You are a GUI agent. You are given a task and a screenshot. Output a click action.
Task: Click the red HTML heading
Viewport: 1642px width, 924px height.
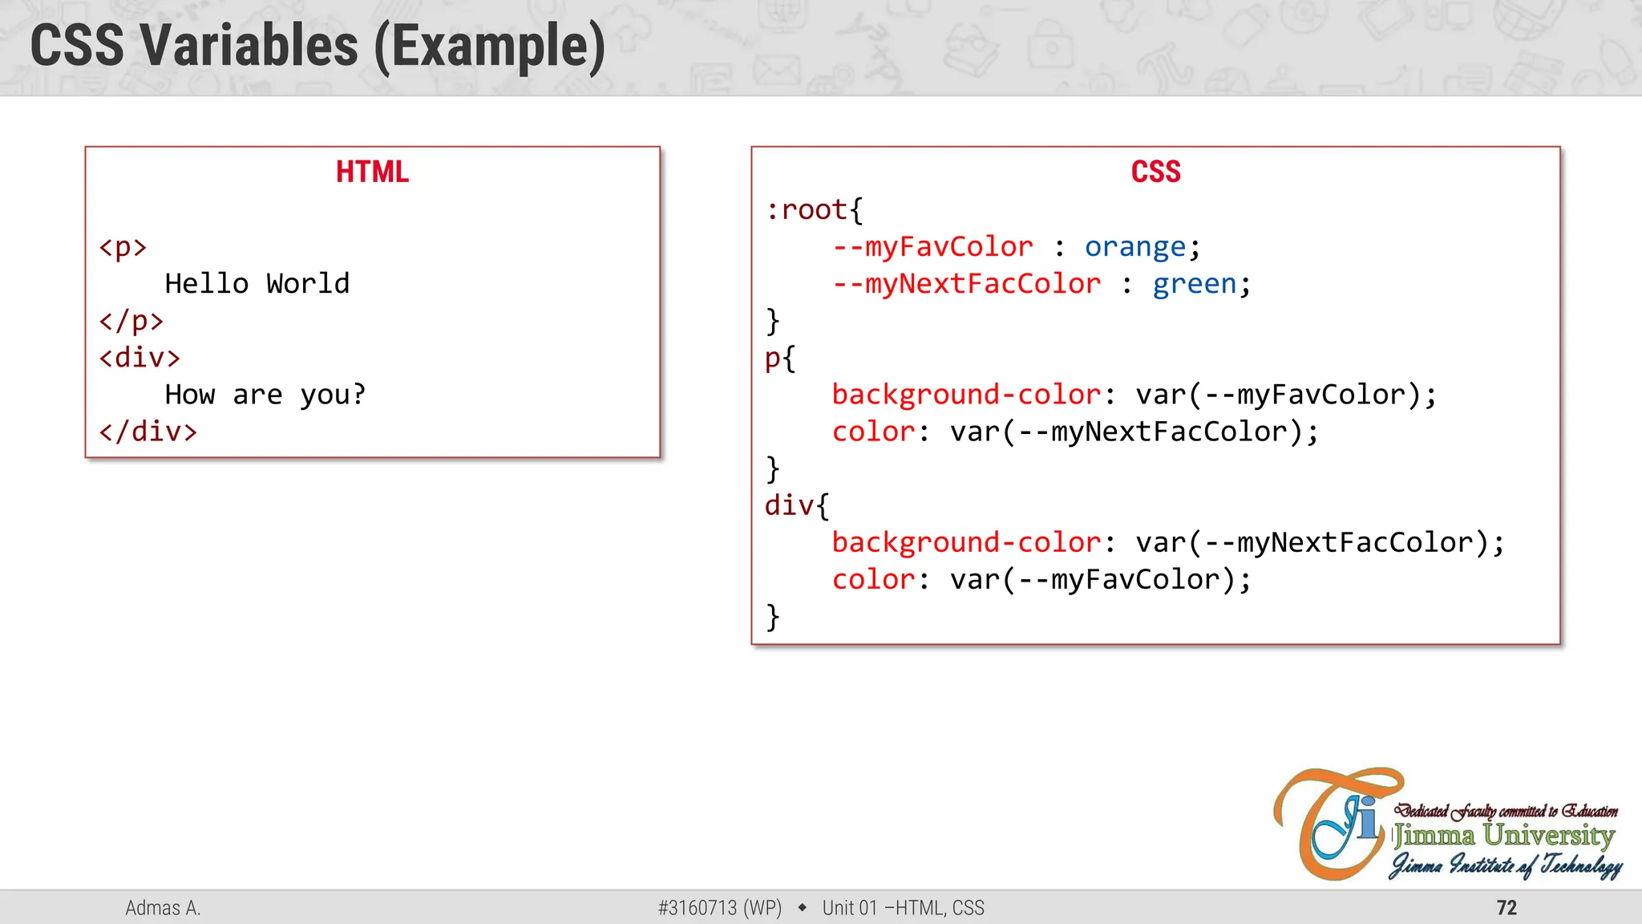pos(372,172)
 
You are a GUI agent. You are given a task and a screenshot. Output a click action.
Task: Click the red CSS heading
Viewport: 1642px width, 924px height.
pos(1155,172)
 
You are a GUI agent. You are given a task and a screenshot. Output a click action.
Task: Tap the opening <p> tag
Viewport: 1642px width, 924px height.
pos(123,247)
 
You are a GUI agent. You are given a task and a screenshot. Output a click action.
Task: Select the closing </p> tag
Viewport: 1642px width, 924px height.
pos(131,321)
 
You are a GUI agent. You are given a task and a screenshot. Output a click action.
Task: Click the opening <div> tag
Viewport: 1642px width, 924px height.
pos(140,358)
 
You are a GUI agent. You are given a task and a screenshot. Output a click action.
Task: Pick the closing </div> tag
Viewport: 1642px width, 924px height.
pos(148,432)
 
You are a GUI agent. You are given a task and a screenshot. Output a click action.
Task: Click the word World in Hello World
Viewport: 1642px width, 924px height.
pos(308,284)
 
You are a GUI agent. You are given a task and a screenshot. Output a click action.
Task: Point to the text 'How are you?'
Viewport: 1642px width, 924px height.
pos(265,395)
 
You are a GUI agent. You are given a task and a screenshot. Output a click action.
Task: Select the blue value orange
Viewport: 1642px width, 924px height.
pos(1134,247)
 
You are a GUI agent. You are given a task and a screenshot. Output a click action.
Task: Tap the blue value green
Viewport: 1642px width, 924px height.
pos(1194,284)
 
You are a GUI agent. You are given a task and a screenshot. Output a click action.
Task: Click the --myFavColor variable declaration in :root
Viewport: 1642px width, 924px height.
pos(932,247)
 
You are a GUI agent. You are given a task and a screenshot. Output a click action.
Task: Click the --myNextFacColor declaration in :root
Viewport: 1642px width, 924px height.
pos(966,284)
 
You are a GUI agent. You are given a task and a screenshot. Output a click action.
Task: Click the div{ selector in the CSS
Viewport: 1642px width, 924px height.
pos(796,505)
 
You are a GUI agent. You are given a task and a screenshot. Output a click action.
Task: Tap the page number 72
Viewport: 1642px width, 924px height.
pos(1507,908)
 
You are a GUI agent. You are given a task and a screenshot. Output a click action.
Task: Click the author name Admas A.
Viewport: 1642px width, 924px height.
pos(163,908)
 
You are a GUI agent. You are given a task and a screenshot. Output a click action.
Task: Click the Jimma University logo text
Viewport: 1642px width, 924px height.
pos(1503,836)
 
